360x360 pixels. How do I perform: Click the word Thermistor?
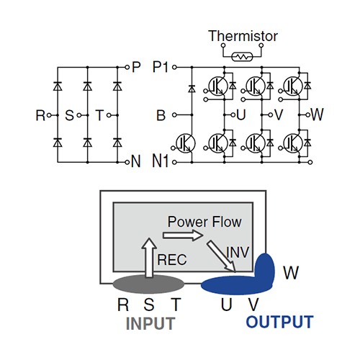pyautogui.click(x=243, y=36)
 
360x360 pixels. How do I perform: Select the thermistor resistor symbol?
pyautogui.click(x=242, y=57)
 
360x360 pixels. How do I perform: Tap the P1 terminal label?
pyautogui.click(x=161, y=67)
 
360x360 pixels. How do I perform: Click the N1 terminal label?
pyautogui.click(x=161, y=161)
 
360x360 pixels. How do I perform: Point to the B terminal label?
pyautogui.click(x=161, y=115)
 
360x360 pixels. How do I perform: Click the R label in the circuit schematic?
pyautogui.click(x=40, y=115)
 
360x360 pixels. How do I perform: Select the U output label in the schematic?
pyautogui.click(x=241, y=115)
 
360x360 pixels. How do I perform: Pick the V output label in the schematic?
pyautogui.click(x=279, y=115)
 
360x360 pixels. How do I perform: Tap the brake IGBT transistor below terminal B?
pyautogui.click(x=186, y=143)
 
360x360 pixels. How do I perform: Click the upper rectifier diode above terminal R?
pyautogui.click(x=58, y=86)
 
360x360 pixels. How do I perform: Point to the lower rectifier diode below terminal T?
pyautogui.click(x=117, y=143)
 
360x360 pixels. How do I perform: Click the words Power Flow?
pyautogui.click(x=204, y=222)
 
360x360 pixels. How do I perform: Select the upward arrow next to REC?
pyautogui.click(x=149, y=258)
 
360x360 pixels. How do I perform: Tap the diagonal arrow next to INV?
pyautogui.click(x=222, y=256)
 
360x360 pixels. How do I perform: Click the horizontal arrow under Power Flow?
pyautogui.click(x=183, y=235)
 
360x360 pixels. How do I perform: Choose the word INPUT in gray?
pyautogui.click(x=150, y=323)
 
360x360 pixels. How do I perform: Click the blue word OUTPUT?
pyautogui.click(x=280, y=322)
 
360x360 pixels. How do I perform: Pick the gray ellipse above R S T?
pyautogui.click(x=148, y=284)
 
